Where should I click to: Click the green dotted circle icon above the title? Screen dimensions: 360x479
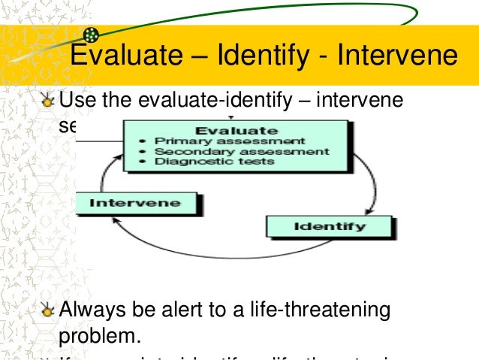[91, 35]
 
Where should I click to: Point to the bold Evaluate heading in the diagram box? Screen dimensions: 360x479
[237, 129]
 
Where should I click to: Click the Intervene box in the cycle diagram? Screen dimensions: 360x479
[136, 203]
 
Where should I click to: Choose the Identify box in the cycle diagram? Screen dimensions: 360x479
[329, 226]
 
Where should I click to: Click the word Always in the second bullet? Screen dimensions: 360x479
[93, 309]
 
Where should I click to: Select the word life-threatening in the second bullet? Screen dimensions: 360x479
[324, 309]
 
